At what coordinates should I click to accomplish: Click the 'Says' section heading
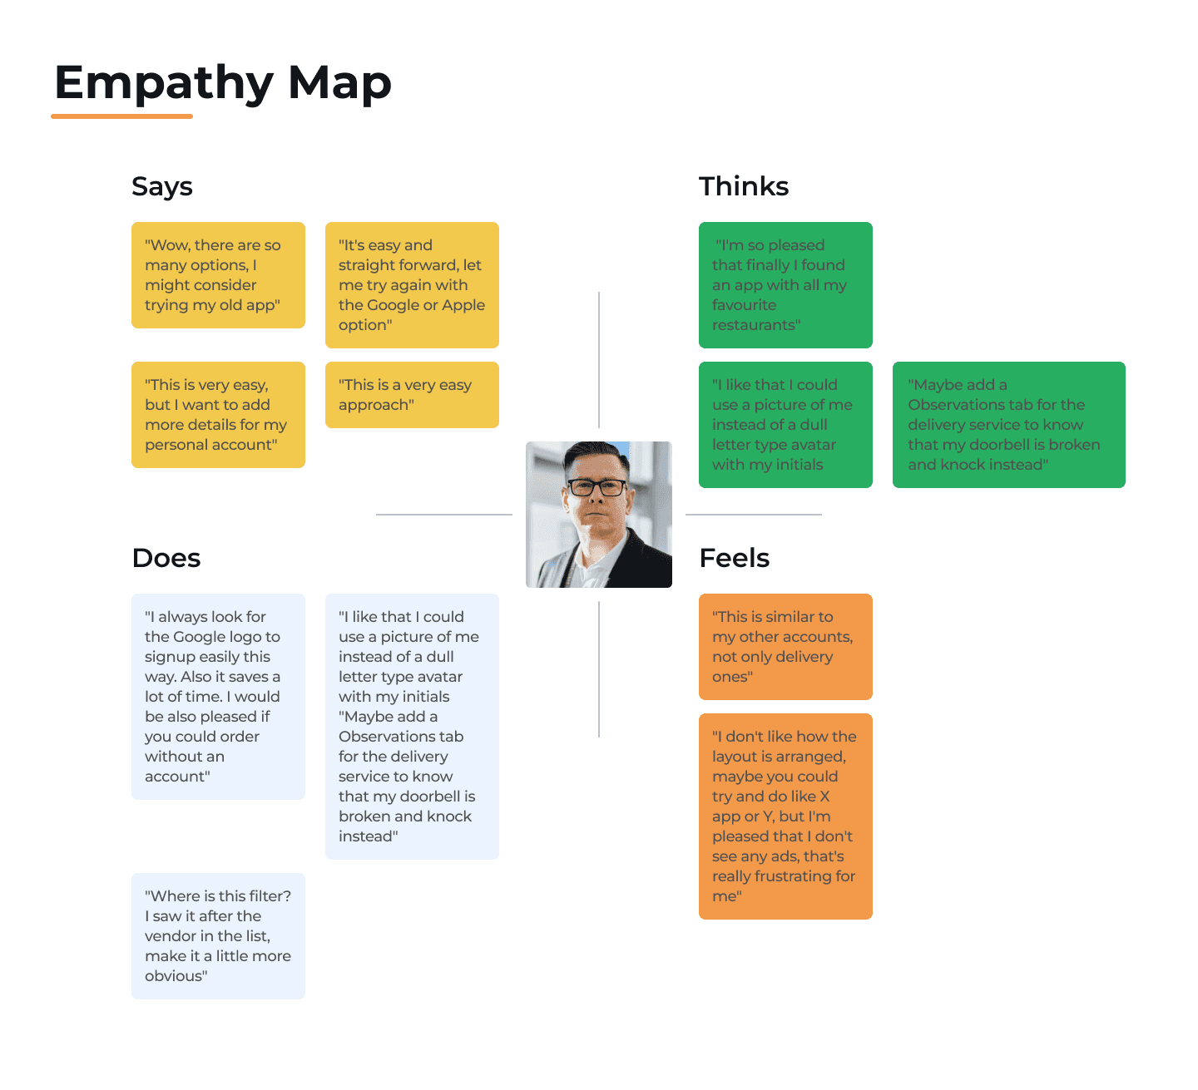162,187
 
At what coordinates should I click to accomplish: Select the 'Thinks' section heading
744,186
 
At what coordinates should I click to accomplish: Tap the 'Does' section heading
166,558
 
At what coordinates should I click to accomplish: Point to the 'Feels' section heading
735,558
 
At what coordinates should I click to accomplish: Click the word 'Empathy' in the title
164,84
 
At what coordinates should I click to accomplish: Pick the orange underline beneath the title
122,116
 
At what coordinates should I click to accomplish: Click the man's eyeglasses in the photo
597,487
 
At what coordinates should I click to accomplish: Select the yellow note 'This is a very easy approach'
412,395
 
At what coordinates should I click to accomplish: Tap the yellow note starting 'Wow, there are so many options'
218,275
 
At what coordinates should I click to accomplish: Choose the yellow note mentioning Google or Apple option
412,285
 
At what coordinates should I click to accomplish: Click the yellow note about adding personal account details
218,415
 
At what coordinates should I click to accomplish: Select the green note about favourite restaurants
785,285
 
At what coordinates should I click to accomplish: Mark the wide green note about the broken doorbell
1008,425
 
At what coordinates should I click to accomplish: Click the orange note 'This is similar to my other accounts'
785,647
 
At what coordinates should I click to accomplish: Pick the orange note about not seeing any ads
785,816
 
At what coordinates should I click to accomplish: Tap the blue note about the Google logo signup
218,697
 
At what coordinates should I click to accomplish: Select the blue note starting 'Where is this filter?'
218,936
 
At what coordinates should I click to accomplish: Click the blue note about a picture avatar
412,727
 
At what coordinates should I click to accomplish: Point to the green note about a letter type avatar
785,425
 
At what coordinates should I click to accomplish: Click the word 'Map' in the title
339,84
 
